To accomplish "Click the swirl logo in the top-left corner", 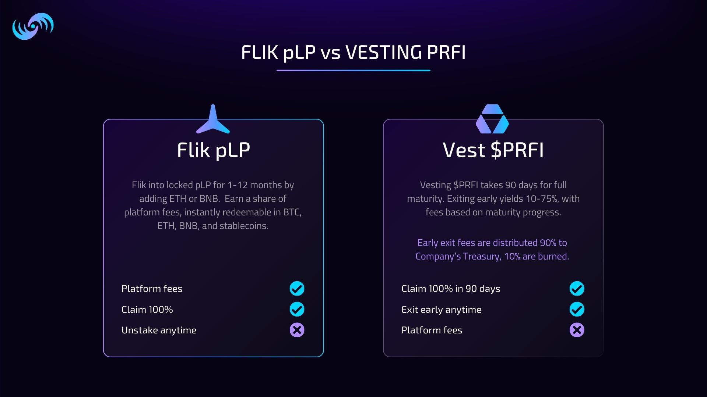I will pyautogui.click(x=33, y=26).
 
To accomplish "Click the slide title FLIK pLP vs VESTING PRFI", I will pyautogui.click(x=353, y=52).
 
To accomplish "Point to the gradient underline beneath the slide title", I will pyautogui.click(x=353, y=70).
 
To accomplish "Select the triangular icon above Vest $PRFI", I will pyautogui.click(x=492, y=119).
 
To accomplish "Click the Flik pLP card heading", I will pyautogui.click(x=213, y=150).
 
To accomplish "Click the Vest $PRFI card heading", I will pyautogui.click(x=493, y=150).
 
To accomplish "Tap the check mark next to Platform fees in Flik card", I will pyautogui.click(x=297, y=289).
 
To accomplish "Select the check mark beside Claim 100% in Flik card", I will pyautogui.click(x=297, y=310).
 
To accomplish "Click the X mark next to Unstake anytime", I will pyautogui.click(x=297, y=330).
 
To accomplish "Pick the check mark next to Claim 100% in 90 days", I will pyautogui.click(x=577, y=289).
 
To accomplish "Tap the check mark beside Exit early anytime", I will pyautogui.click(x=577, y=310).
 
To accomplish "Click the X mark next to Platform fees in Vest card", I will pyautogui.click(x=577, y=330).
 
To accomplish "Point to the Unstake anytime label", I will pyautogui.click(x=159, y=330).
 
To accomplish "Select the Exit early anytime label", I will pyautogui.click(x=441, y=310).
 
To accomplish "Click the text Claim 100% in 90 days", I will pyautogui.click(x=451, y=289).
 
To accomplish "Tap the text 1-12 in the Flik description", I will pyautogui.click(x=237, y=185).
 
